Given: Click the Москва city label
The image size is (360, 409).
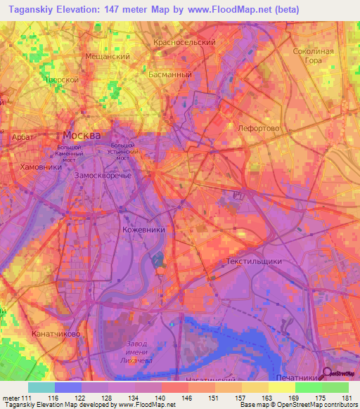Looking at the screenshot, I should (x=82, y=135).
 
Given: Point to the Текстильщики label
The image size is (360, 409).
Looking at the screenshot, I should (x=255, y=261).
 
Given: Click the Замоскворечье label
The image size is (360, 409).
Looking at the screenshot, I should (x=103, y=174).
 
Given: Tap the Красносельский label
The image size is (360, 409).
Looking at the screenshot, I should (x=184, y=42).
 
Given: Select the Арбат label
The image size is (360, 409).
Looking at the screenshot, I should (x=24, y=138).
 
